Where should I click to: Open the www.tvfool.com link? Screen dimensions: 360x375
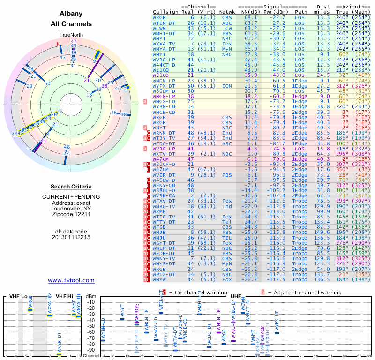(x=71, y=280)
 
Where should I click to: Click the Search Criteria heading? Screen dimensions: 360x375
(x=71, y=187)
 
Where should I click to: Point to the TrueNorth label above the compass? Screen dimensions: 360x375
(x=71, y=35)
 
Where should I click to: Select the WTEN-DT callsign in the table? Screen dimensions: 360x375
(x=165, y=22)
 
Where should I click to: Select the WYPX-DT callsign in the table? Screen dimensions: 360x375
(x=165, y=86)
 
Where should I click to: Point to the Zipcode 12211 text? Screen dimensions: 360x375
(x=71, y=214)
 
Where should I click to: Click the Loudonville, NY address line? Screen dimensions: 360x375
(x=71, y=208)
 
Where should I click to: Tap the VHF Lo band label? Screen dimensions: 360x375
(x=18, y=296)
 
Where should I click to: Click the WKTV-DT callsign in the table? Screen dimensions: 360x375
(x=165, y=154)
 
